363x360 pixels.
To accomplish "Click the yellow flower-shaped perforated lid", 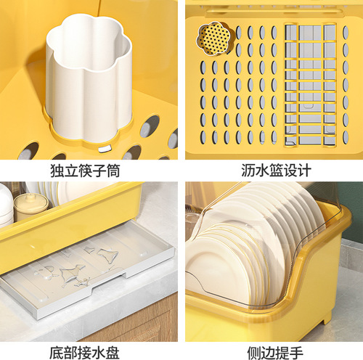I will pos(213,37).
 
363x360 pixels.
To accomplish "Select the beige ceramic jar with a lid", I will pos(30,207).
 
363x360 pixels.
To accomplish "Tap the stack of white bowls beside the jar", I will pos(6,203).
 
